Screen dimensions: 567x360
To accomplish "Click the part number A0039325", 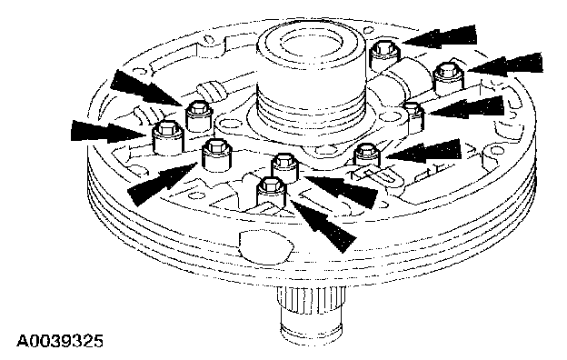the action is pos(60,341).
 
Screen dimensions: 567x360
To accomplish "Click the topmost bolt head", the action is pos(384,47).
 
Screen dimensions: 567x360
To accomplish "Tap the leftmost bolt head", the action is pos(167,127).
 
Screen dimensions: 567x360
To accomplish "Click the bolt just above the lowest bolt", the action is pos(284,160).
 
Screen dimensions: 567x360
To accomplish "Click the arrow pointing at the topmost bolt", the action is pos(439,37).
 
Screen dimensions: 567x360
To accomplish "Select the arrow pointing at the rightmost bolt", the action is pos(505,65).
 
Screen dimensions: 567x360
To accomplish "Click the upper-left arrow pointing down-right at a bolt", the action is pos(146,88).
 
